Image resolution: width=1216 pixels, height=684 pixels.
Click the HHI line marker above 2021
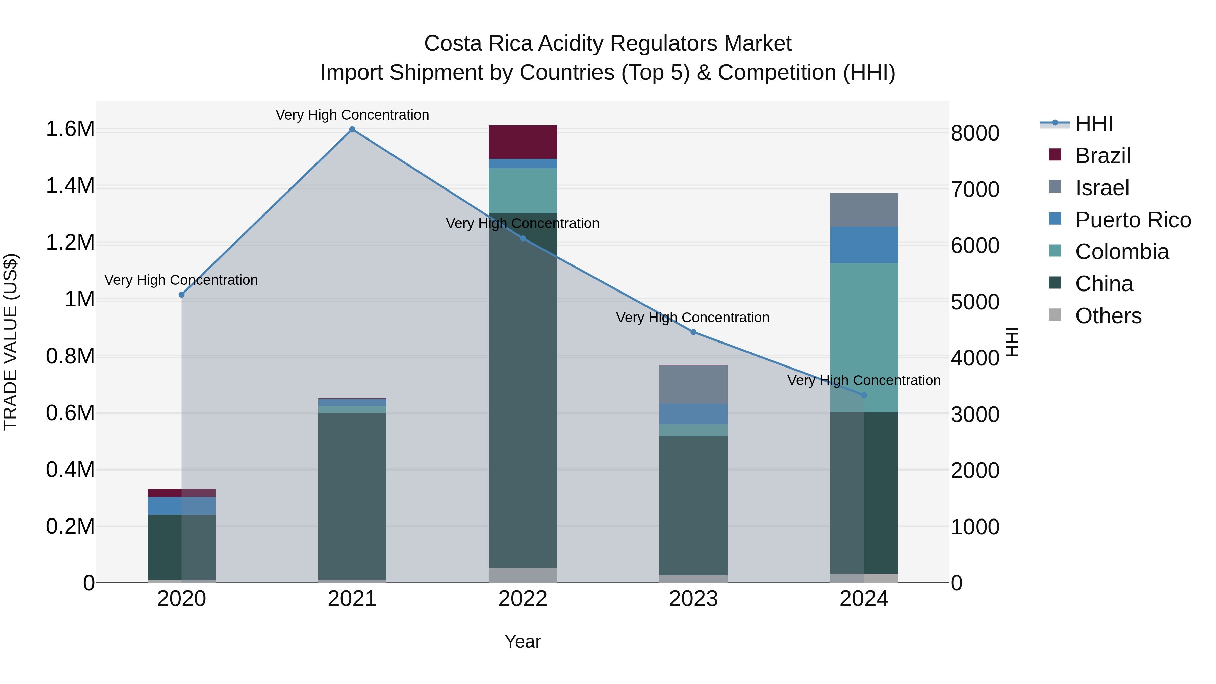[x=352, y=129]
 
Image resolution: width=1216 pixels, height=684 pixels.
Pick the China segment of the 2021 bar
[x=352, y=496]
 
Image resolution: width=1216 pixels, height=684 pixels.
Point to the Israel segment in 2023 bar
[x=693, y=384]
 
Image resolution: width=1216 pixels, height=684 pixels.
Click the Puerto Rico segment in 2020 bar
[x=182, y=506]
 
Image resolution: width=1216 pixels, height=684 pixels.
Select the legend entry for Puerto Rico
[x=1133, y=220]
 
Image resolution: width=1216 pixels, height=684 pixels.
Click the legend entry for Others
[x=1108, y=316]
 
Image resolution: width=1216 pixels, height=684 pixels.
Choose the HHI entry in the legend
[x=1094, y=124]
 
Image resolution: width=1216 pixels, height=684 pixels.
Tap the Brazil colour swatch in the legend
[x=1055, y=155]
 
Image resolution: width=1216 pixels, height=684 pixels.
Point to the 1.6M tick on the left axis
[x=70, y=129]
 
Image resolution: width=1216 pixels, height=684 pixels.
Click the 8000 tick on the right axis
[x=975, y=133]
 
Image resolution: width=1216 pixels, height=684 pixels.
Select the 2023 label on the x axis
[x=693, y=599]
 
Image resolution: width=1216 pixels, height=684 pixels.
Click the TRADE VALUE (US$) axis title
[x=10, y=342]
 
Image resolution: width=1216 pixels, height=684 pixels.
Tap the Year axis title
[x=523, y=641]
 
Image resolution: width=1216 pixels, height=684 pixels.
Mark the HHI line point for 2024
[x=864, y=395]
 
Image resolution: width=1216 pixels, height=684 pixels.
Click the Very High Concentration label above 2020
[x=181, y=280]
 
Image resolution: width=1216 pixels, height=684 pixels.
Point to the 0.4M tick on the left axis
[x=70, y=470]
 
